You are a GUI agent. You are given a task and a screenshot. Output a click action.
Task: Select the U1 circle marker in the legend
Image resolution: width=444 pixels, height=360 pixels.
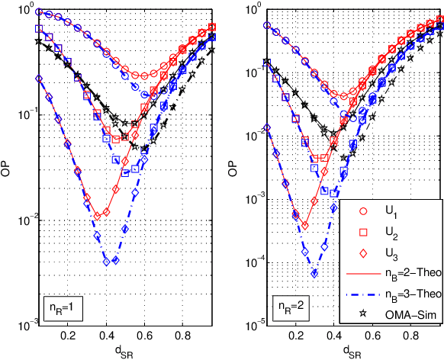364,211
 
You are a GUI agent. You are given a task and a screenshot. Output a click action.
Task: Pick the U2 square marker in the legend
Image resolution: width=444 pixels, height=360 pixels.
364,231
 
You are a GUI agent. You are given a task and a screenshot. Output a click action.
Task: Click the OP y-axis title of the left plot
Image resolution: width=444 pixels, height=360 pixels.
7,166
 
